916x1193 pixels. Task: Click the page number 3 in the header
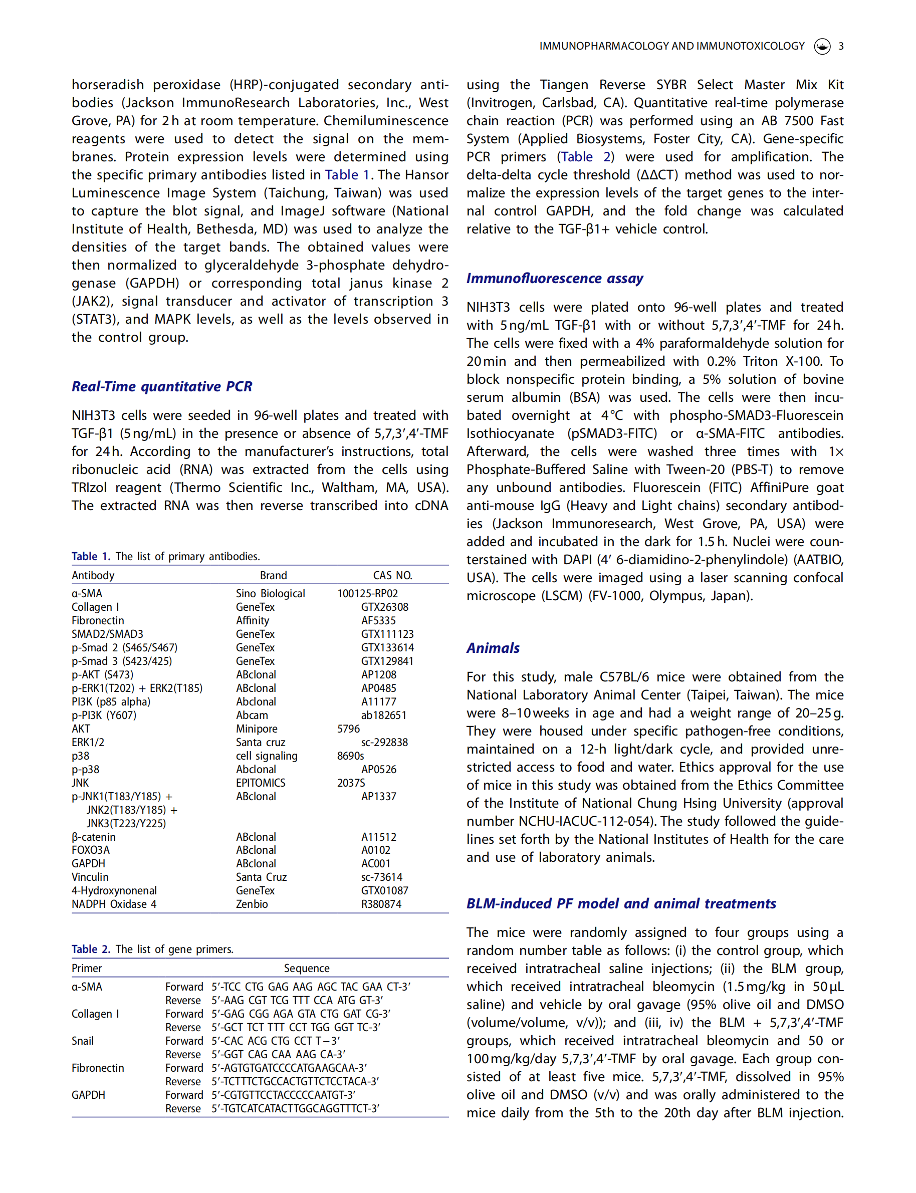pos(841,46)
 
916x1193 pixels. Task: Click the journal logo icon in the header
pos(822,46)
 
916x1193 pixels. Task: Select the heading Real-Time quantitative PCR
pos(162,387)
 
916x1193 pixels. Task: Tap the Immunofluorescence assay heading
pos(555,279)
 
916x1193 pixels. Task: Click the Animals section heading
pos(493,648)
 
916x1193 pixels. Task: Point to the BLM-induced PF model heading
pos(620,903)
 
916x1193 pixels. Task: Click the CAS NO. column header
pos(392,575)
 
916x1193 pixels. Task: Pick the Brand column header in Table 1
pos(273,575)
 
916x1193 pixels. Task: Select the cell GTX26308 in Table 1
pos(384,607)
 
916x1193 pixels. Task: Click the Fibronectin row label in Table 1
pos(98,620)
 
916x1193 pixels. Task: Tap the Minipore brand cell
pos(256,729)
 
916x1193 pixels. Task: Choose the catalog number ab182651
pos(383,715)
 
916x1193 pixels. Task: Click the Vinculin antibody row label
pos(90,877)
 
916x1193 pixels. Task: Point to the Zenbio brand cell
pos(252,904)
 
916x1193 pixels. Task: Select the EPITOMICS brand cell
pos(261,783)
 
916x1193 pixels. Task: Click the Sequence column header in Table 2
pos(307,969)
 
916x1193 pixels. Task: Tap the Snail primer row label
pos(82,1041)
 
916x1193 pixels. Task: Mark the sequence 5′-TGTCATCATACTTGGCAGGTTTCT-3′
pos(295,1108)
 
